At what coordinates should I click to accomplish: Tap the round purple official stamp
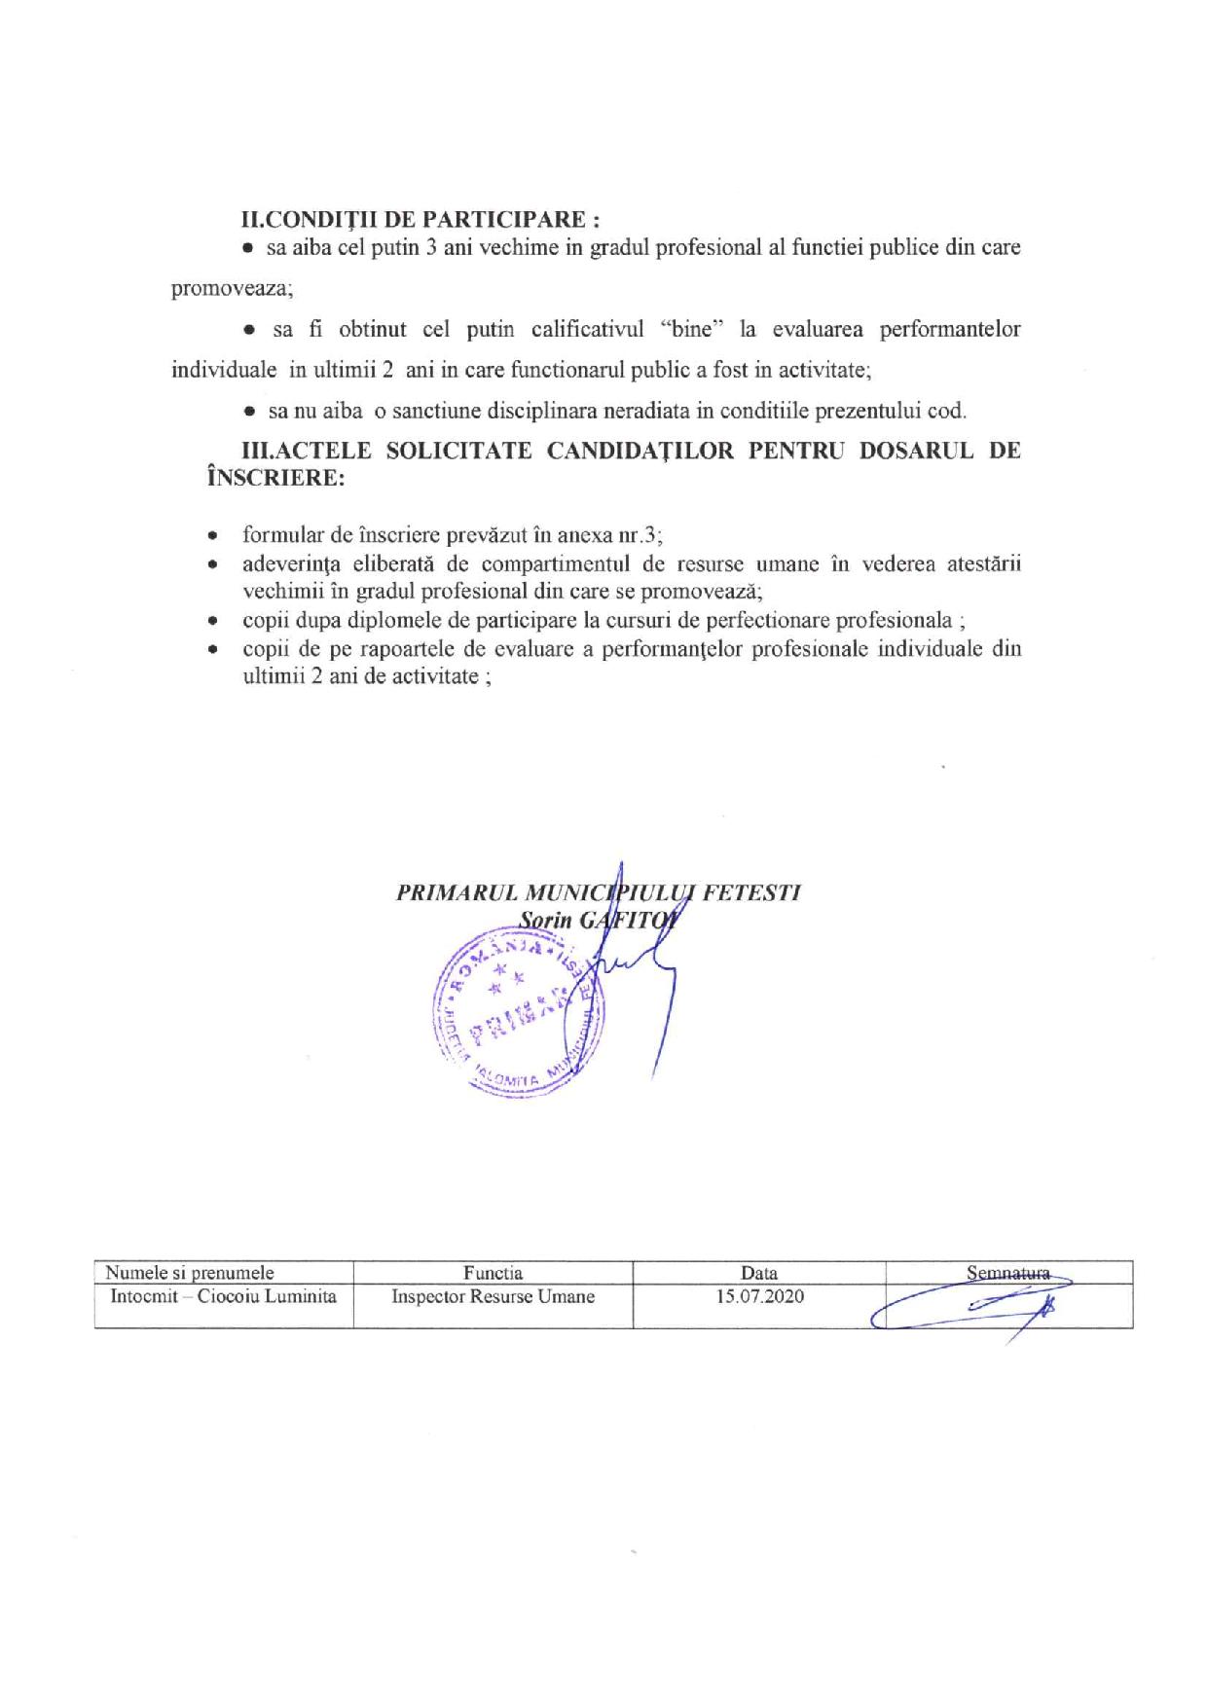[x=516, y=1013]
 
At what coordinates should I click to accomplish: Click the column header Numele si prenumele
[x=190, y=1272]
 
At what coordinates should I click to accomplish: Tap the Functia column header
[x=493, y=1272]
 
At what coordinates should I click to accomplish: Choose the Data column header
[x=759, y=1272]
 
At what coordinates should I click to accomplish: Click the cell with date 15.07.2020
[x=759, y=1296]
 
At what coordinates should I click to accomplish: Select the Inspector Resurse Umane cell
[x=493, y=1296]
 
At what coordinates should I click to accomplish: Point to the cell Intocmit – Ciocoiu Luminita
[x=224, y=1296]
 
